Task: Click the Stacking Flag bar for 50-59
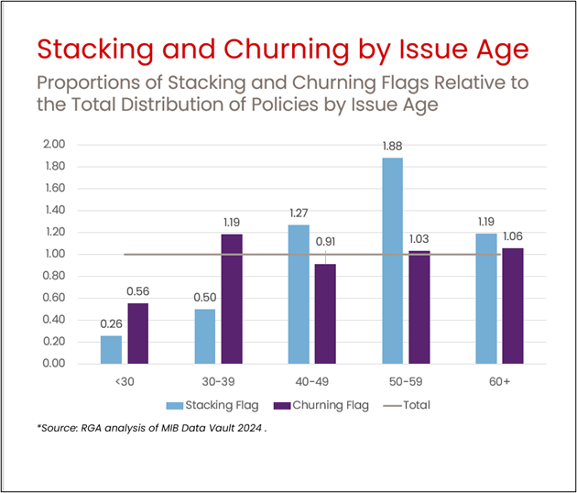tap(392, 260)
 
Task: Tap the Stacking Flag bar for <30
tap(111, 349)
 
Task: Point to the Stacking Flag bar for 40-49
tap(299, 294)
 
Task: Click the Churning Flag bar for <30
tap(137, 333)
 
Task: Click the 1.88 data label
tap(392, 146)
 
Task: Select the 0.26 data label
tap(110, 323)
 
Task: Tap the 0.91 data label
tap(326, 243)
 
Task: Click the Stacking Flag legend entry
tap(212, 404)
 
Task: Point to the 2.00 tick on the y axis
tap(54, 145)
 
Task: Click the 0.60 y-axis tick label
tap(54, 298)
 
